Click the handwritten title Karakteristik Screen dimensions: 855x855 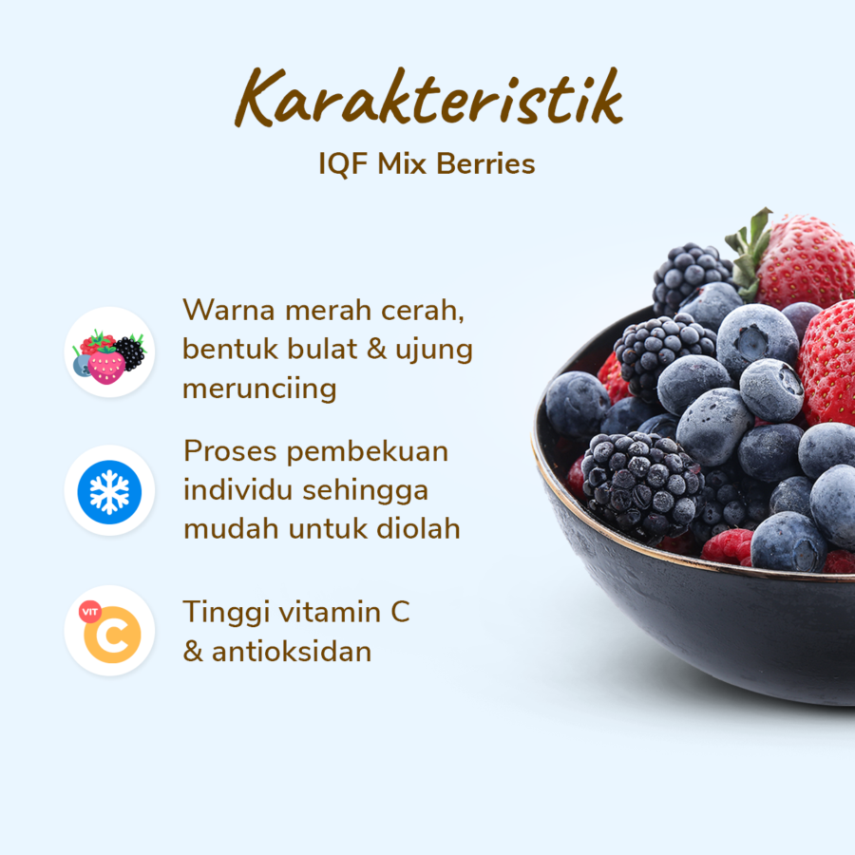[x=428, y=98]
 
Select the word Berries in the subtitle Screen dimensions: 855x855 [x=485, y=163]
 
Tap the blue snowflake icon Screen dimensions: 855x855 [x=109, y=492]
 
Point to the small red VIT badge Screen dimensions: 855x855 [x=90, y=612]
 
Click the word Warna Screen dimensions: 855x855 [x=228, y=311]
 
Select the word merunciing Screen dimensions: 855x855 [x=259, y=389]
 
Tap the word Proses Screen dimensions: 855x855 [x=230, y=451]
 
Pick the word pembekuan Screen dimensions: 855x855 [x=368, y=451]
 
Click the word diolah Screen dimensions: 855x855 [x=418, y=528]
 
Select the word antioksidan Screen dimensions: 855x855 [x=292, y=652]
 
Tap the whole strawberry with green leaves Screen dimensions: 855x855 [x=790, y=260]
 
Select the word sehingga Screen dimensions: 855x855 [x=366, y=491]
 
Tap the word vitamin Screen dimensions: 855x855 [x=331, y=613]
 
